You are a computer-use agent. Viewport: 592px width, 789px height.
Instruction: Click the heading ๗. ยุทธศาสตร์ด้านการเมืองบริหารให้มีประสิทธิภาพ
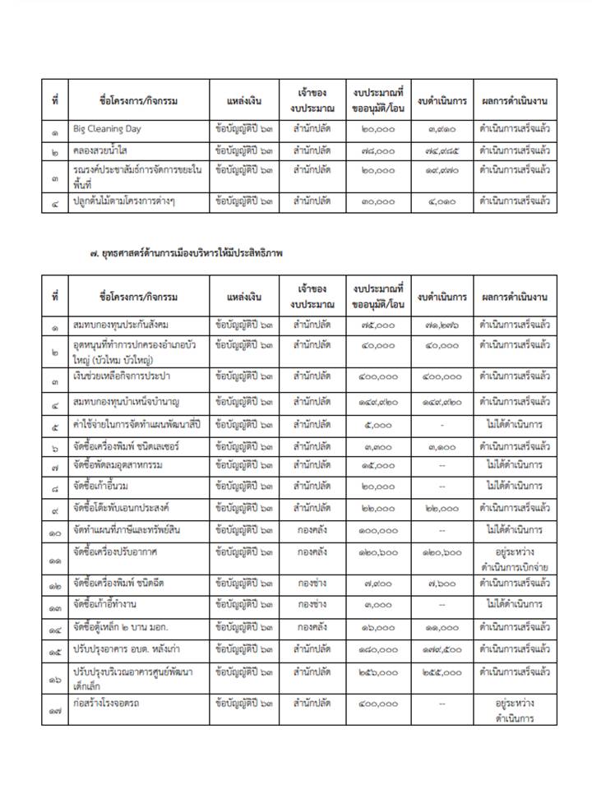coord(186,255)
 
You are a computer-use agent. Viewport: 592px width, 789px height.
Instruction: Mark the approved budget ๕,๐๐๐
coord(378,425)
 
